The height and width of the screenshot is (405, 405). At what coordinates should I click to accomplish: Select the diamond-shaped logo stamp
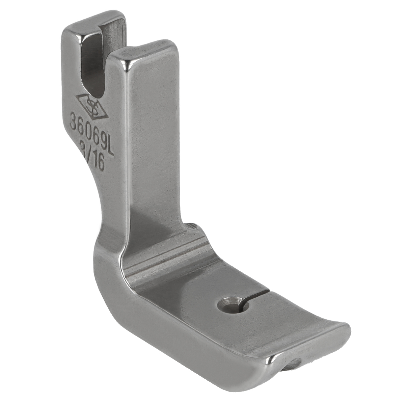coord(92,106)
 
